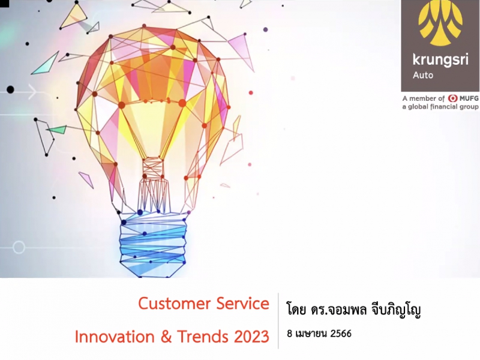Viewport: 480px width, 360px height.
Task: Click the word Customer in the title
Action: (175, 304)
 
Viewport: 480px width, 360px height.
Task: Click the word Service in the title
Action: (243, 304)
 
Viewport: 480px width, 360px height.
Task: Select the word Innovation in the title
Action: (115, 337)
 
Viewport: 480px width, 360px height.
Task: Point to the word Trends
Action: (203, 337)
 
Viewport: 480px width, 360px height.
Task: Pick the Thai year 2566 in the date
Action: (341, 334)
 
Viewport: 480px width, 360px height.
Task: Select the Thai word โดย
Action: (296, 310)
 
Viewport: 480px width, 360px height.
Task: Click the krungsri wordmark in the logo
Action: (440, 59)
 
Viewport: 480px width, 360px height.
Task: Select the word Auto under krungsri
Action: (423, 75)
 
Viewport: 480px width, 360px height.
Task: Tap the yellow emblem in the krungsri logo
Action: (441, 25)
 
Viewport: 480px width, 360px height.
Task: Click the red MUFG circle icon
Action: (452, 98)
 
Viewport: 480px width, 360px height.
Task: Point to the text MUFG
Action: (469, 98)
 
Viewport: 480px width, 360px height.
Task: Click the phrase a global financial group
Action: (440, 107)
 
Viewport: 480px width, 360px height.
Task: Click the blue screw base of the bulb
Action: (152, 245)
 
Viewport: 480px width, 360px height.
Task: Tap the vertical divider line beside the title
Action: (278, 321)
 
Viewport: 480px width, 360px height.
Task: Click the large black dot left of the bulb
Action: (10, 89)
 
